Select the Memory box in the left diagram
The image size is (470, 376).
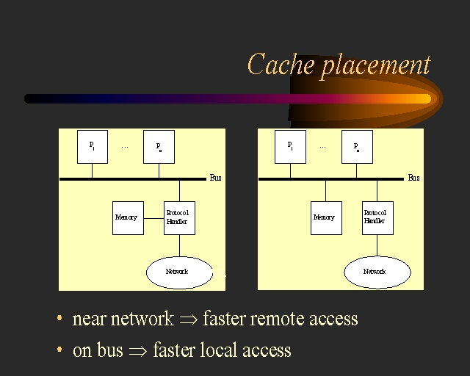click(127, 218)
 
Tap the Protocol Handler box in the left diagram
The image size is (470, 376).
click(178, 218)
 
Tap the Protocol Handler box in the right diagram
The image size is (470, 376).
click(377, 218)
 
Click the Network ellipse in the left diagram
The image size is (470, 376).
click(178, 272)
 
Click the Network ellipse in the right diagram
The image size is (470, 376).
click(377, 272)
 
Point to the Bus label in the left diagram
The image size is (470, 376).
click(215, 178)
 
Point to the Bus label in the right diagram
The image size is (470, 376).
click(413, 178)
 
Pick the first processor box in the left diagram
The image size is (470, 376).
click(93, 146)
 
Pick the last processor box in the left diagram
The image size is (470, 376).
click(159, 146)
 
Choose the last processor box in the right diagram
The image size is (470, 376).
click(357, 146)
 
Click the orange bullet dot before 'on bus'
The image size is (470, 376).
click(59, 350)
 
